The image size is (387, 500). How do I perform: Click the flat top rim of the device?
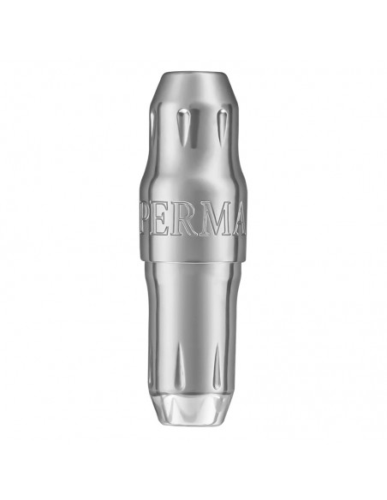tap(193, 75)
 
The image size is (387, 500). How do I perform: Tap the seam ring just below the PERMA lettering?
tap(193, 257)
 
